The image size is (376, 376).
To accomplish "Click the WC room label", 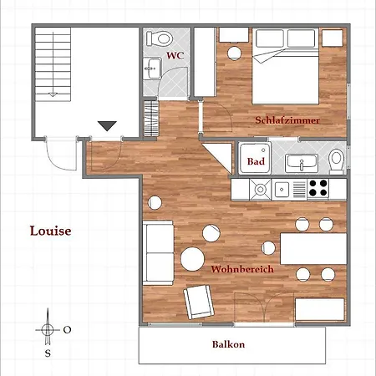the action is (175, 55).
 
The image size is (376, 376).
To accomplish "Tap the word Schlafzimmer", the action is (287, 120).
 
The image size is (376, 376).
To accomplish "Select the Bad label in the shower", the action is (256, 161).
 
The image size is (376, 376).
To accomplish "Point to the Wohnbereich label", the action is (242, 269).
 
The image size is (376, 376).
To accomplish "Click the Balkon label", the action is (228, 344).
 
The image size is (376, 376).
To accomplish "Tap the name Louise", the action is (50, 231).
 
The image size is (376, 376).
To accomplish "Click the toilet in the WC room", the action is (159, 38).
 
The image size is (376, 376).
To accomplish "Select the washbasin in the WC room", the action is (152, 69).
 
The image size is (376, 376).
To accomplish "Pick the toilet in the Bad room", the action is (337, 161).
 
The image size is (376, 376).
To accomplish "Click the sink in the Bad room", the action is (302, 164).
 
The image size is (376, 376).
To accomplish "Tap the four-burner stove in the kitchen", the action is (318, 188).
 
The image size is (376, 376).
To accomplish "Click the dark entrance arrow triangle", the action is (107, 126).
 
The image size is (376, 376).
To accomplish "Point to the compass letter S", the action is (48, 353).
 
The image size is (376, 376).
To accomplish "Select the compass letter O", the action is (67, 330).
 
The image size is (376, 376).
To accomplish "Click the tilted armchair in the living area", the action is (199, 302).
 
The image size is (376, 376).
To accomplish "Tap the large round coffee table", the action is (192, 259).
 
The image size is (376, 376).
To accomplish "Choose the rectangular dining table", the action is (313, 249).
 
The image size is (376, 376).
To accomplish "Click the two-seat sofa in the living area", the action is (158, 253).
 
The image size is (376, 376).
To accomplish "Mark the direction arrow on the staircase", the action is (53, 64).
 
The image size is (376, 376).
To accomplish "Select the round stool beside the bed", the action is (234, 53).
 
